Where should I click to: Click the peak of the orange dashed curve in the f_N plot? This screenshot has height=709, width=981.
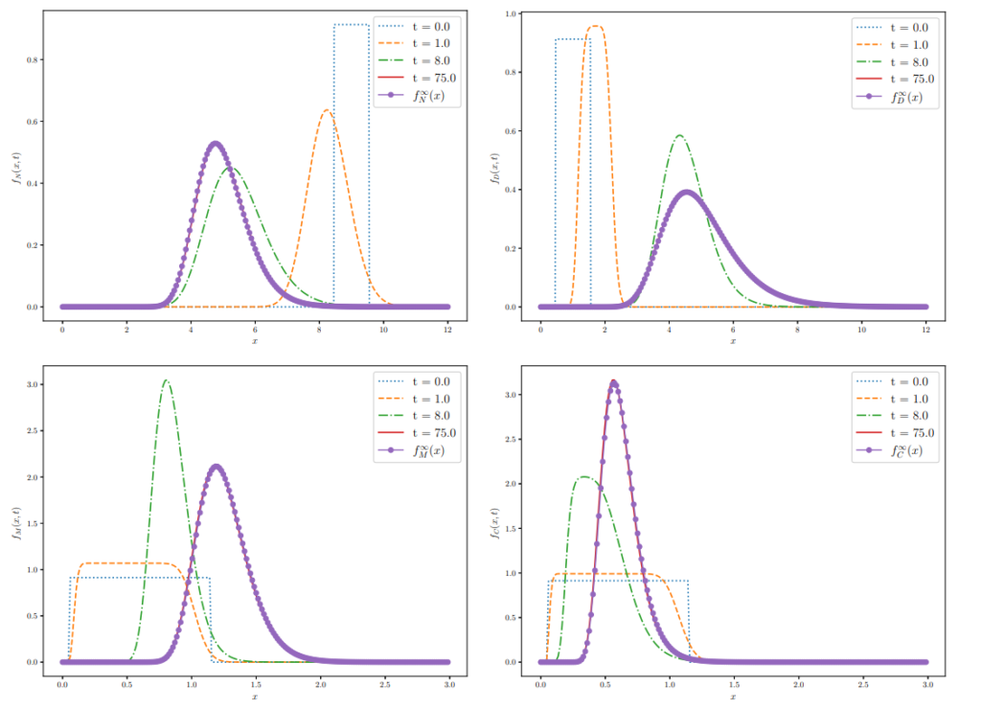click(x=327, y=110)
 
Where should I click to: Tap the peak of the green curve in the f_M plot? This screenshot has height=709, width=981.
click(x=166, y=380)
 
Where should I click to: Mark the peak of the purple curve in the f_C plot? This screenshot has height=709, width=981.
click(x=613, y=382)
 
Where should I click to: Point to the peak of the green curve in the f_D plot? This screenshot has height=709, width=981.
click(x=679, y=135)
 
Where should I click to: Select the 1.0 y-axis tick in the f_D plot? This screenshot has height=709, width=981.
click(x=513, y=14)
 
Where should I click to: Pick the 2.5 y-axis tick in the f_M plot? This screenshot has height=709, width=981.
click(x=35, y=430)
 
